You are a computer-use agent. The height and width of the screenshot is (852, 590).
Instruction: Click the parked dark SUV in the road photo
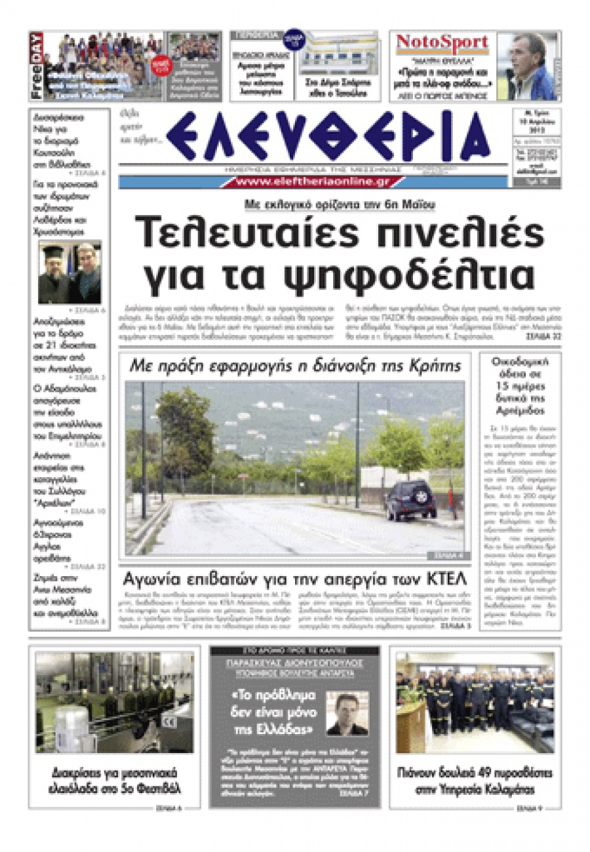coord(411,501)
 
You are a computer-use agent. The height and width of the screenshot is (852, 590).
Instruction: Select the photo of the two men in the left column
coord(69,272)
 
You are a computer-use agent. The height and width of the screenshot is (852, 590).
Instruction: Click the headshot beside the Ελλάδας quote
coord(347,714)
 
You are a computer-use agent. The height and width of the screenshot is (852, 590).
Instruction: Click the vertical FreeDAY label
coord(37,66)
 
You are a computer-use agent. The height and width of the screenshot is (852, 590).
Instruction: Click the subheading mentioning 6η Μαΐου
coord(340,204)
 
